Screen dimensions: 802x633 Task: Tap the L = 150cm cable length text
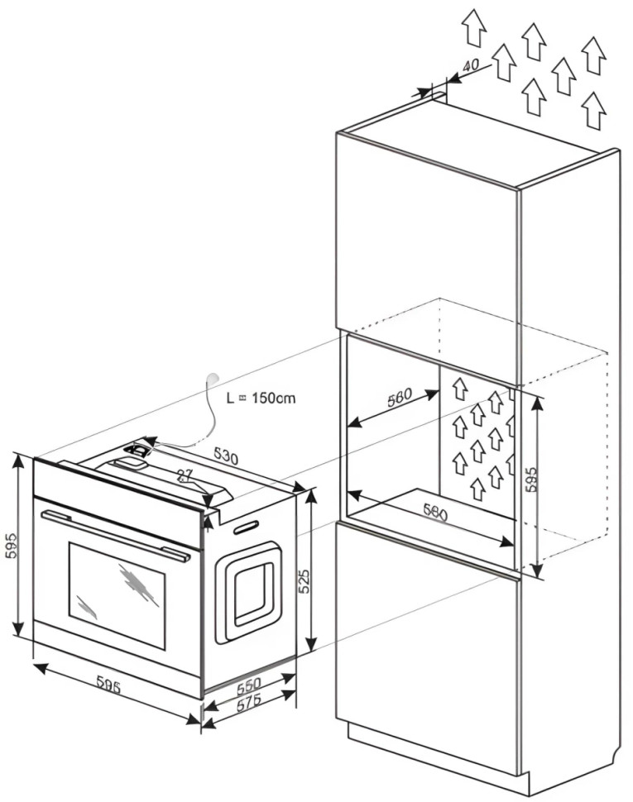(x=261, y=398)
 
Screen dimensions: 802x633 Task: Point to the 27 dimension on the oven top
(x=186, y=475)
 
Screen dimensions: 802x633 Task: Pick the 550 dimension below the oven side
(x=248, y=685)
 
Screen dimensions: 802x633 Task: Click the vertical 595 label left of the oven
(x=11, y=546)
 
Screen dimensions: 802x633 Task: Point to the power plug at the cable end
(x=213, y=378)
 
